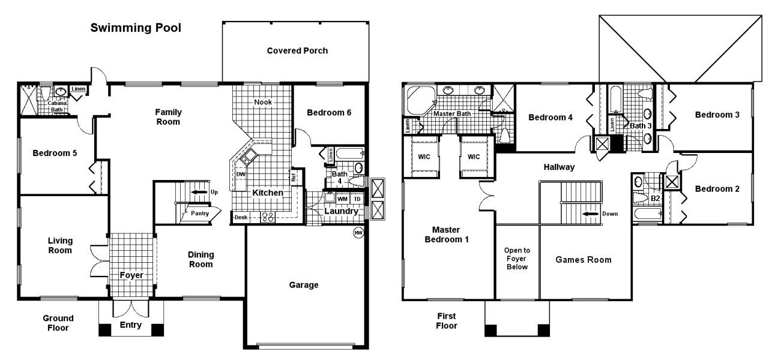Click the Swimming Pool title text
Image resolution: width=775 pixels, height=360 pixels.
(135, 28)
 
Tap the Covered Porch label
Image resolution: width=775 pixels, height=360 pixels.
(297, 50)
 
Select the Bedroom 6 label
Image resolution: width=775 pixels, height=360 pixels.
(328, 112)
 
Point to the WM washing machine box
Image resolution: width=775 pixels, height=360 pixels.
(342, 199)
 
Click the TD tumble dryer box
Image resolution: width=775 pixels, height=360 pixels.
(357, 199)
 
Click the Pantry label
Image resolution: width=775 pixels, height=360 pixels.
(199, 213)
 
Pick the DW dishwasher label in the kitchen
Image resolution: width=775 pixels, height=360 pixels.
(241, 175)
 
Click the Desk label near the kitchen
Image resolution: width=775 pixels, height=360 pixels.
(241, 217)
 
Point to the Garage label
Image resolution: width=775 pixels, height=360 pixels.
(304, 285)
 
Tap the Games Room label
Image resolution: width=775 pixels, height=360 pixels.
(583, 260)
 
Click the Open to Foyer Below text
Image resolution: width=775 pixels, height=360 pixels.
(517, 259)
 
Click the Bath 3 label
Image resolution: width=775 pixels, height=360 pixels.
(640, 125)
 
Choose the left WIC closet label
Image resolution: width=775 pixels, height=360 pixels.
(424, 157)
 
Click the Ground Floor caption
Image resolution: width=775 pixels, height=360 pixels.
(58, 323)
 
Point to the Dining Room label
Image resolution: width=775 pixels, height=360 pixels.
(201, 259)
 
